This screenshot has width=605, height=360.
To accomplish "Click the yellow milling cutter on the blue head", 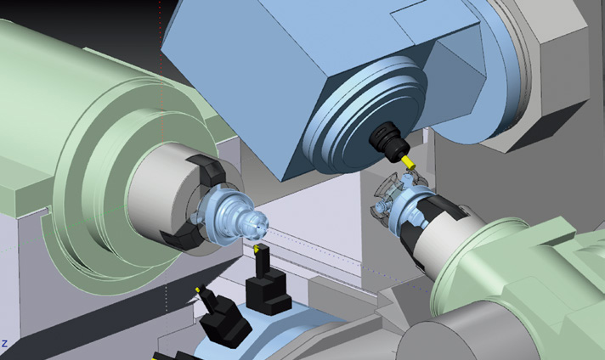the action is tap(408, 163).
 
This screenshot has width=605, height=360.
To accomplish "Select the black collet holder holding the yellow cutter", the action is tap(389, 141).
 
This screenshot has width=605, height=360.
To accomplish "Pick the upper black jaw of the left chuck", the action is tap(207, 169).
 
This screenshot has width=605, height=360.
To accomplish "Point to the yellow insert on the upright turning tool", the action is tap(257, 249).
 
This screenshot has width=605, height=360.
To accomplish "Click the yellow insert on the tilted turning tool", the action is tap(198, 290).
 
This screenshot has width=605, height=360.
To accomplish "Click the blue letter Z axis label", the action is tap(4, 343).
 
